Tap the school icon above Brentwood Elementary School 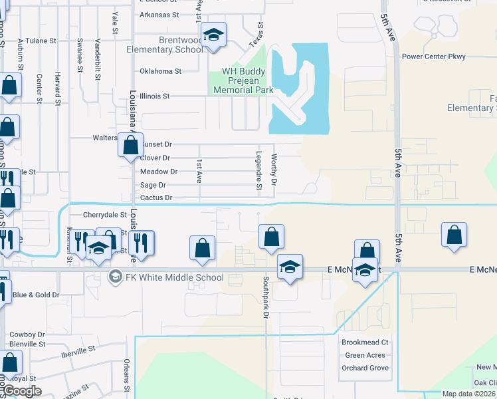point(214,35)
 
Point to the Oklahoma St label point(160,71)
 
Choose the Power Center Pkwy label point(433,57)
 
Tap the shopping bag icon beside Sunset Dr point(130,144)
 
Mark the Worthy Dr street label point(274,170)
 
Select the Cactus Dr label point(156,198)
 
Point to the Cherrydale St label point(104,215)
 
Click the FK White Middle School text point(175,277)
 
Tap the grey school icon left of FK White point(115,277)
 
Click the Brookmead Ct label point(365,342)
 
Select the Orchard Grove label point(365,368)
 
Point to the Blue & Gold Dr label point(36,295)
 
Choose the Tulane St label point(41,41)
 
